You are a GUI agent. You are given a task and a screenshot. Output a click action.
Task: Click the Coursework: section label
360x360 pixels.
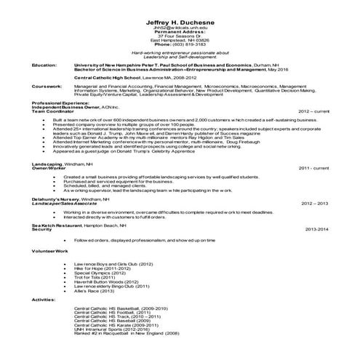click(47, 85)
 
